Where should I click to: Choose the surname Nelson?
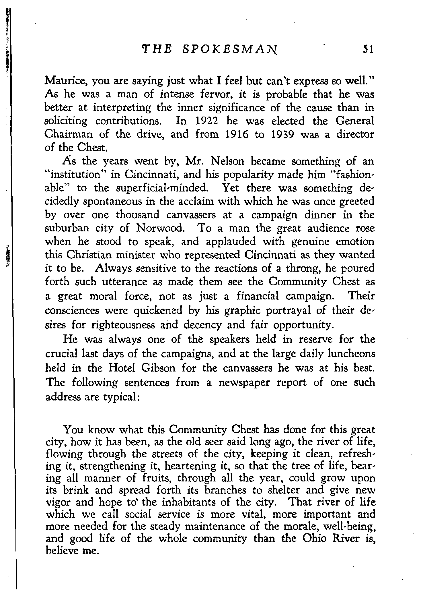[x=228, y=161]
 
